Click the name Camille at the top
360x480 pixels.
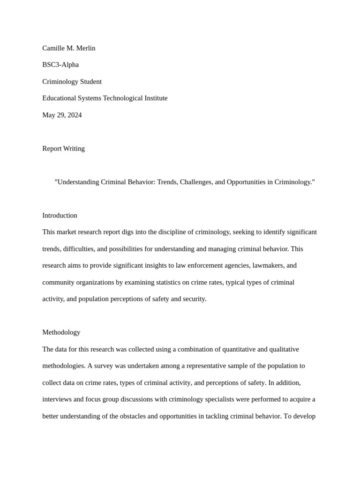point(54,48)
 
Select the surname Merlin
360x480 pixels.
point(85,48)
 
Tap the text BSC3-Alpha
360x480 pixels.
point(60,65)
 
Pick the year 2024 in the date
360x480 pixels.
point(74,115)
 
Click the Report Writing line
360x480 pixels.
point(63,149)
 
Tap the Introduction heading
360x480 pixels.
point(60,216)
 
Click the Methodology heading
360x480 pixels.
point(61,332)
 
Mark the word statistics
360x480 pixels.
point(226,282)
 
